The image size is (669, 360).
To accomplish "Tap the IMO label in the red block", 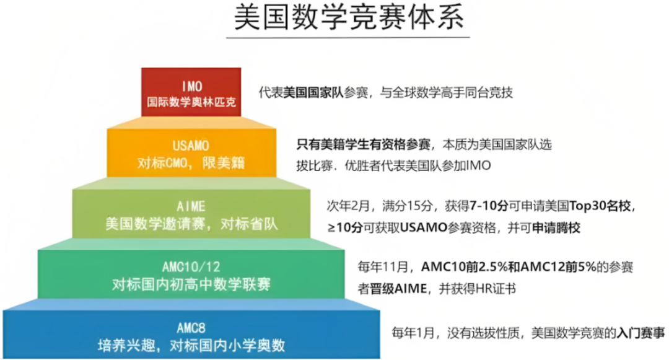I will coord(192,86).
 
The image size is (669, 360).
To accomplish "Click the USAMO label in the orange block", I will coord(192,146).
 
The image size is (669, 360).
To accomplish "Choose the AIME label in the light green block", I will coord(191,206).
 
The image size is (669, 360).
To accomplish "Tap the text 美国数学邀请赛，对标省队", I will coord(191,223).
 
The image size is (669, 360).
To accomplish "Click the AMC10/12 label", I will coord(191,266).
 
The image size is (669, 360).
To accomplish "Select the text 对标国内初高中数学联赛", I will coord(191,284).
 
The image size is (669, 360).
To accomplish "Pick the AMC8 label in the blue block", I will coord(191,327).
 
